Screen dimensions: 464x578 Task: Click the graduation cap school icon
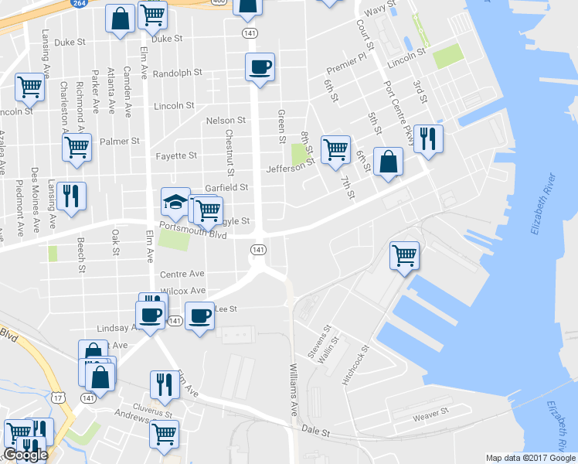[x=175, y=203]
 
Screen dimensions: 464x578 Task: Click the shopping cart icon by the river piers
[x=406, y=255]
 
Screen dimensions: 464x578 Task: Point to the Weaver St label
[x=430, y=416]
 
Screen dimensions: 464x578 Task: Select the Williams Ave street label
[x=294, y=389]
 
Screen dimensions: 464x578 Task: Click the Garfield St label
[x=226, y=187]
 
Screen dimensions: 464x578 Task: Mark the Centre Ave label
[x=182, y=274]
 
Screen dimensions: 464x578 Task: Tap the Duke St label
[x=168, y=38]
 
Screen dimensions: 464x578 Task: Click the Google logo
[x=25, y=455]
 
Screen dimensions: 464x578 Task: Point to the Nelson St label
[x=226, y=121]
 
